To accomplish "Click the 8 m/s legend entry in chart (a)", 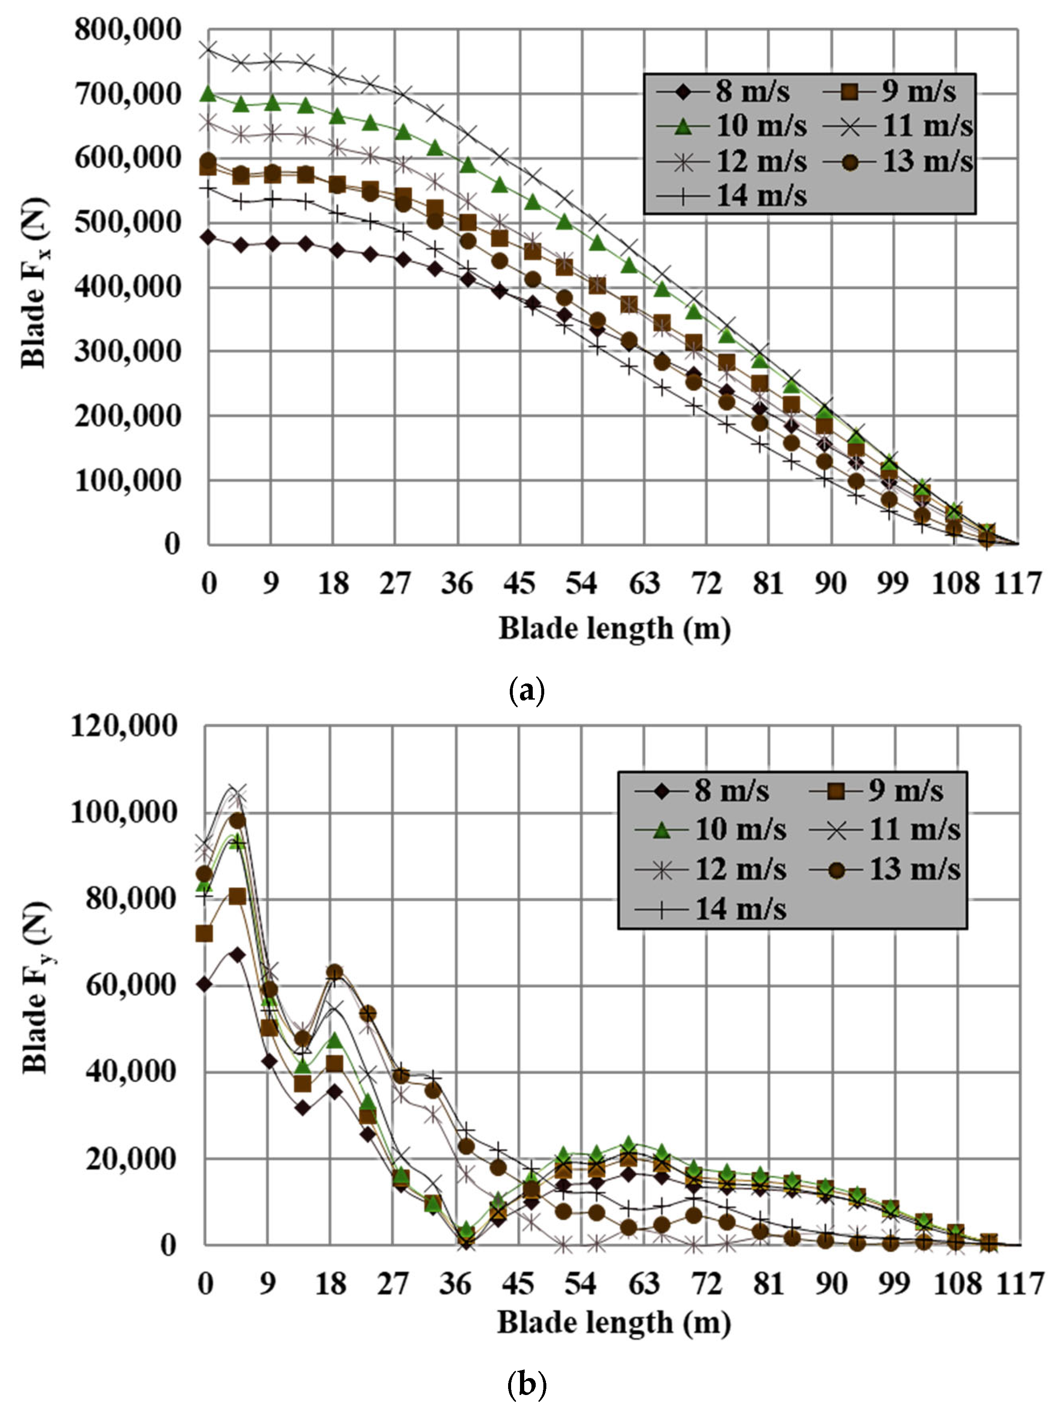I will (722, 91).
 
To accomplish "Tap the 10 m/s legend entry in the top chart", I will (731, 126).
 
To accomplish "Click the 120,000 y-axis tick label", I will (123, 726).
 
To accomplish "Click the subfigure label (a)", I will (528, 691).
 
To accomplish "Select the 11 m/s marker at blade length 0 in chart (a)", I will (208, 50).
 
